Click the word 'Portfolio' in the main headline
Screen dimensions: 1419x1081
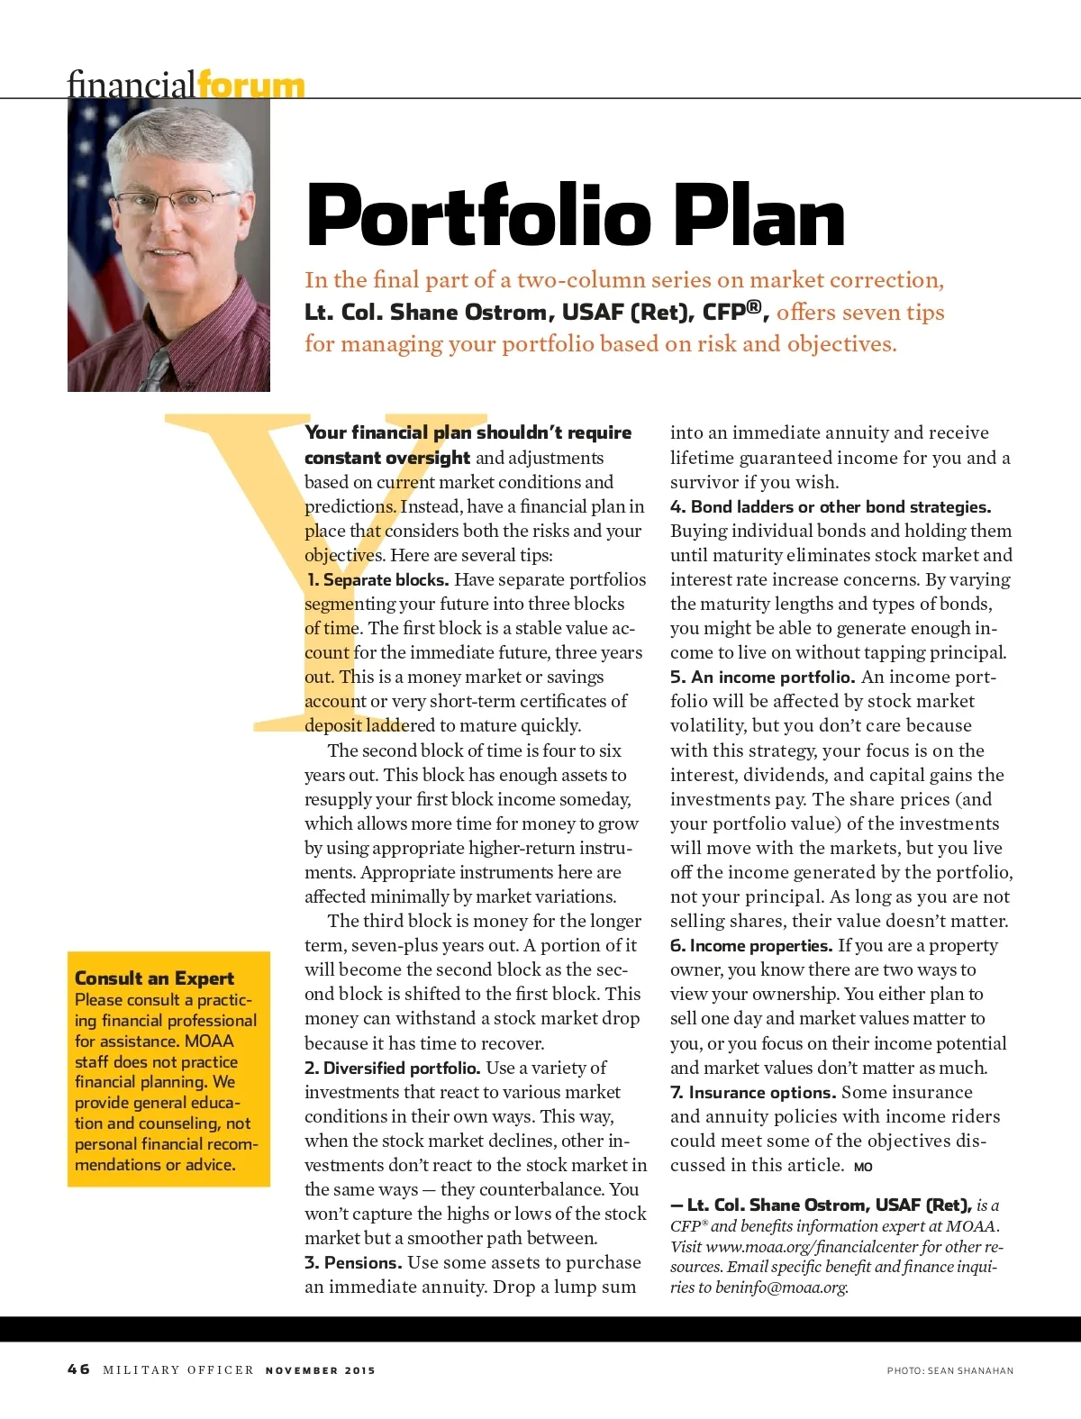tap(478, 216)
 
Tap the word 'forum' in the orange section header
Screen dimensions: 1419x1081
tap(250, 86)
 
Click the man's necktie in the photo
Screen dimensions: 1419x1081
tap(155, 370)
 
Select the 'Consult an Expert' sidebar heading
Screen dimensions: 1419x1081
tap(154, 978)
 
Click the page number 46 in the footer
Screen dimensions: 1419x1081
tap(78, 1369)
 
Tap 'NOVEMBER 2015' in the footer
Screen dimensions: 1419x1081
tap(320, 1370)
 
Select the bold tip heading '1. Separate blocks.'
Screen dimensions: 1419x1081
tap(377, 580)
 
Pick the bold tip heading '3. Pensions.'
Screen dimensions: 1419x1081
tap(353, 1263)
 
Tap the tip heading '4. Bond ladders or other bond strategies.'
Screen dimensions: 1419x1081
tap(831, 507)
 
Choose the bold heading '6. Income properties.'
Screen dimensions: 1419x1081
tap(751, 946)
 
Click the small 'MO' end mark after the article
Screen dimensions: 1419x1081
tap(863, 1167)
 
